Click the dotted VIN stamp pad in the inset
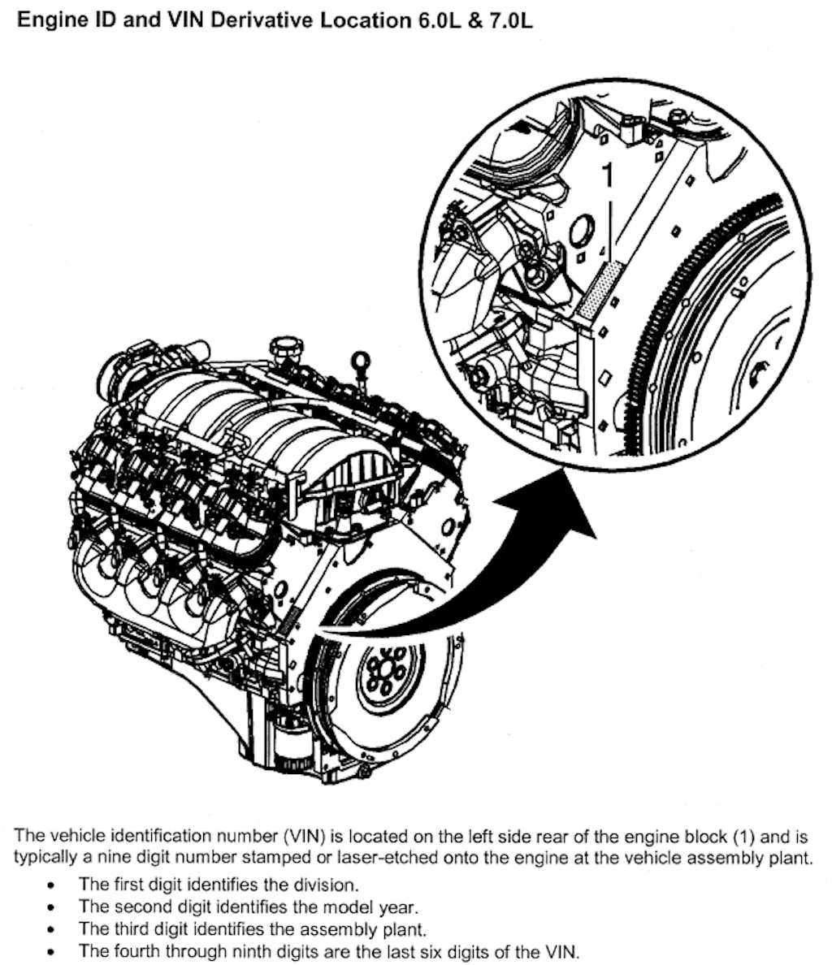point(600,288)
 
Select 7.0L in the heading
point(509,20)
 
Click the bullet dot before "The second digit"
point(52,907)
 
